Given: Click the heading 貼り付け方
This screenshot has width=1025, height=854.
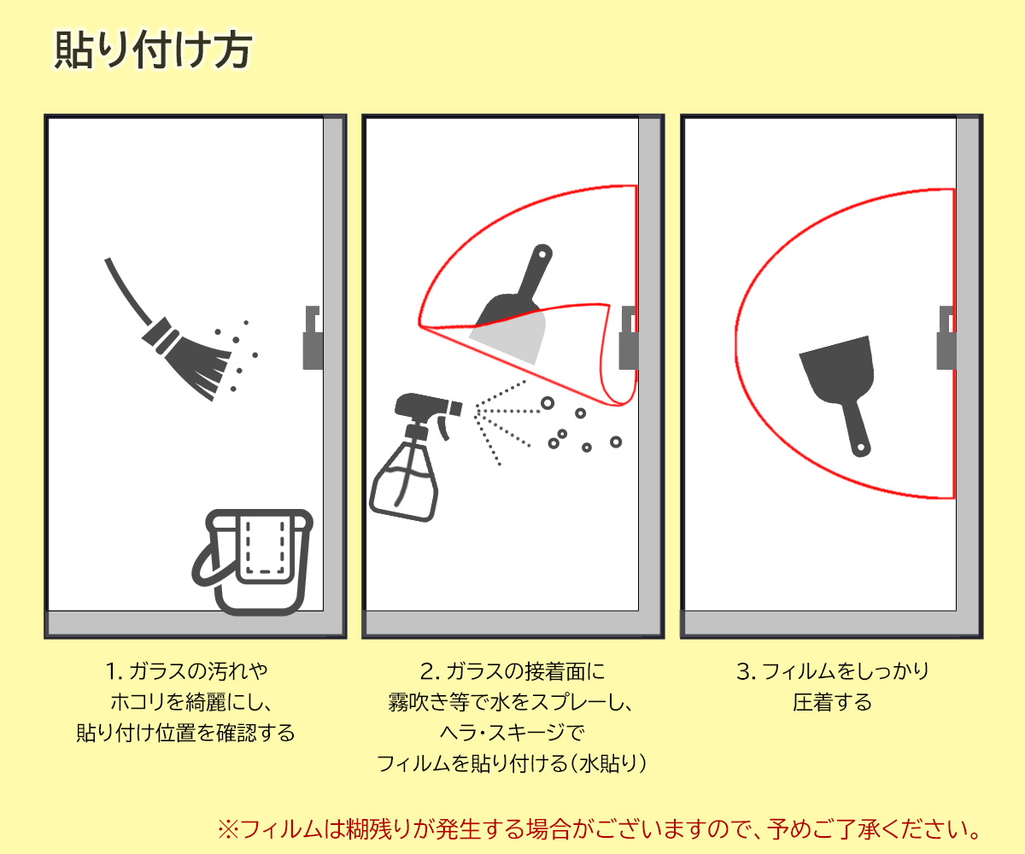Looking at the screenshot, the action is [x=153, y=50].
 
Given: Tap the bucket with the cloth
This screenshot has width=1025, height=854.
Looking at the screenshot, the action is [x=252, y=562].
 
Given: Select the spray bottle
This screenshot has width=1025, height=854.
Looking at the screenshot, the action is [x=416, y=456].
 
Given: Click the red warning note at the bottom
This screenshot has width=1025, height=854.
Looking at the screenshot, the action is [x=599, y=829].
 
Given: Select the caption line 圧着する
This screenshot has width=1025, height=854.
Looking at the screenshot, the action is [x=832, y=702].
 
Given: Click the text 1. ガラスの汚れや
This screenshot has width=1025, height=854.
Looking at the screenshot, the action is [x=186, y=671].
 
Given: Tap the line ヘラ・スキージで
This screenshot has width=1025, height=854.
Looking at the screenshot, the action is [x=512, y=733].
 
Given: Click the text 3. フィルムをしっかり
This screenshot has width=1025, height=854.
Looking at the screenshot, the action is [x=833, y=671].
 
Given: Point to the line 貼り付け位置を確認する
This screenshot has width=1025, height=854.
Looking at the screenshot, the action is [x=185, y=733].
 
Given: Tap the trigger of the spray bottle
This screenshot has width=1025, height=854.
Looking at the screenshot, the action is [x=444, y=427].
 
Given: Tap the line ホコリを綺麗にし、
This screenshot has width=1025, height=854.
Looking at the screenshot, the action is [x=191, y=702].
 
